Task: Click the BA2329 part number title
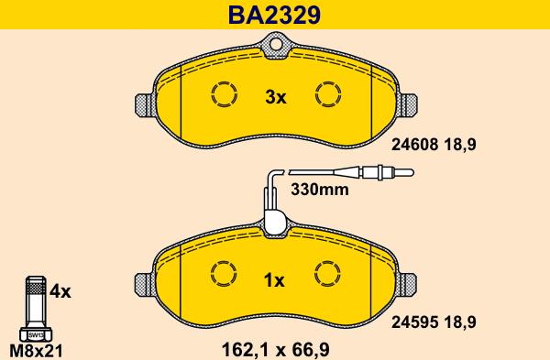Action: click(x=275, y=15)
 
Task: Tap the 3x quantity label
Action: click(x=276, y=97)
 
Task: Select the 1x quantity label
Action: click(x=274, y=280)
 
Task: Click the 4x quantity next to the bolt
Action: click(x=60, y=291)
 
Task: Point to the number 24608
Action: click(x=415, y=144)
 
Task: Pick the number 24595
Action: click(x=415, y=322)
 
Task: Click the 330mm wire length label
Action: click(x=320, y=190)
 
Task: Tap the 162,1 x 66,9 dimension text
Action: click(x=276, y=349)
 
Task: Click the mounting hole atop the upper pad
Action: click(x=276, y=45)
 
